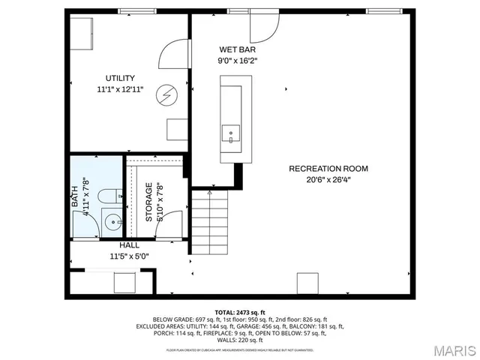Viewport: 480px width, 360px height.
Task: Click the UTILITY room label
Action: pyautogui.click(x=120, y=78)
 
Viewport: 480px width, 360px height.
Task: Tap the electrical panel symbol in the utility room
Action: pyautogui.click(x=166, y=94)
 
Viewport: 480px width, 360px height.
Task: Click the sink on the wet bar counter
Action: pyautogui.click(x=230, y=135)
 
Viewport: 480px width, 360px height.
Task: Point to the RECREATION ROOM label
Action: pyautogui.click(x=328, y=169)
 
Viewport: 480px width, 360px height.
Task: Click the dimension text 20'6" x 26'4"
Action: pyautogui.click(x=328, y=179)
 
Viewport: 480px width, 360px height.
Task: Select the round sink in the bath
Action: pyautogui.click(x=112, y=222)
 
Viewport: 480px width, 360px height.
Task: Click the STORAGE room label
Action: pyautogui.click(x=148, y=201)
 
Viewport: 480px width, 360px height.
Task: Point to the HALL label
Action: pyautogui.click(x=129, y=245)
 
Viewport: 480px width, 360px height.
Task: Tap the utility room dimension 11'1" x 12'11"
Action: pyautogui.click(x=120, y=88)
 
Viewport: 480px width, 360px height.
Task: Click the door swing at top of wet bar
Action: pyautogui.click(x=264, y=27)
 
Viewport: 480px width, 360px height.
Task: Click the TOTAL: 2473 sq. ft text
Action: pyautogui.click(x=240, y=311)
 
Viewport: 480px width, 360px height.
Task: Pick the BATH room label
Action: pyautogui.click(x=75, y=197)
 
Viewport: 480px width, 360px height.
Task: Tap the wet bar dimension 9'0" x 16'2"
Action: pyautogui.click(x=237, y=60)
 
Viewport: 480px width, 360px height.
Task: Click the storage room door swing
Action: pyautogui.click(x=172, y=224)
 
